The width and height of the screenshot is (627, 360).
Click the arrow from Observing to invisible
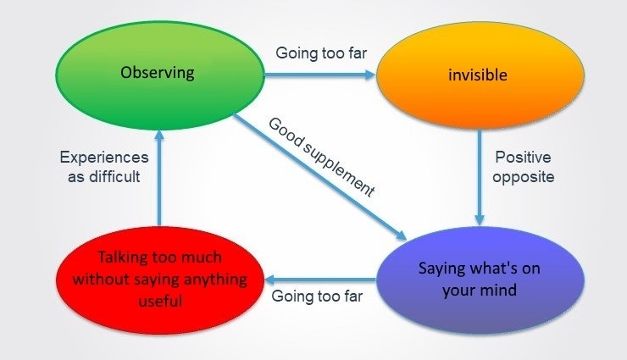pyautogui.click(x=319, y=75)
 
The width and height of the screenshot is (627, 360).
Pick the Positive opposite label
pyautogui.click(x=524, y=167)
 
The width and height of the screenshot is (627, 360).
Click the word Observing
pyautogui.click(x=158, y=72)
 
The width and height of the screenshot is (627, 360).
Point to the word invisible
pyautogui.click(x=477, y=75)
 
